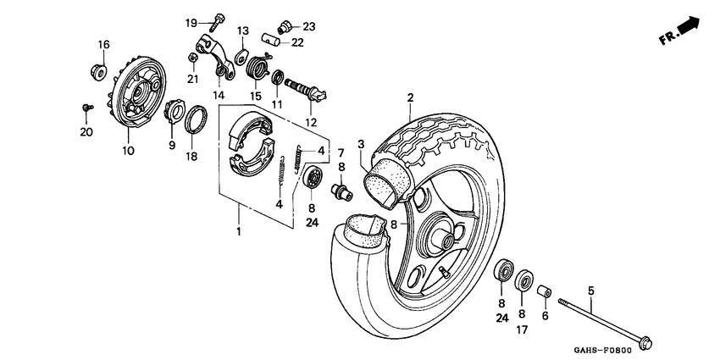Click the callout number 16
click(x=103, y=44)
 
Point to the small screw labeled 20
click(x=86, y=108)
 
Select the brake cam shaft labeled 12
click(x=303, y=90)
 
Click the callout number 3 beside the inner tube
click(x=360, y=144)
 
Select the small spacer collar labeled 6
click(x=546, y=292)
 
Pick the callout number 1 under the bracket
click(x=239, y=231)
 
